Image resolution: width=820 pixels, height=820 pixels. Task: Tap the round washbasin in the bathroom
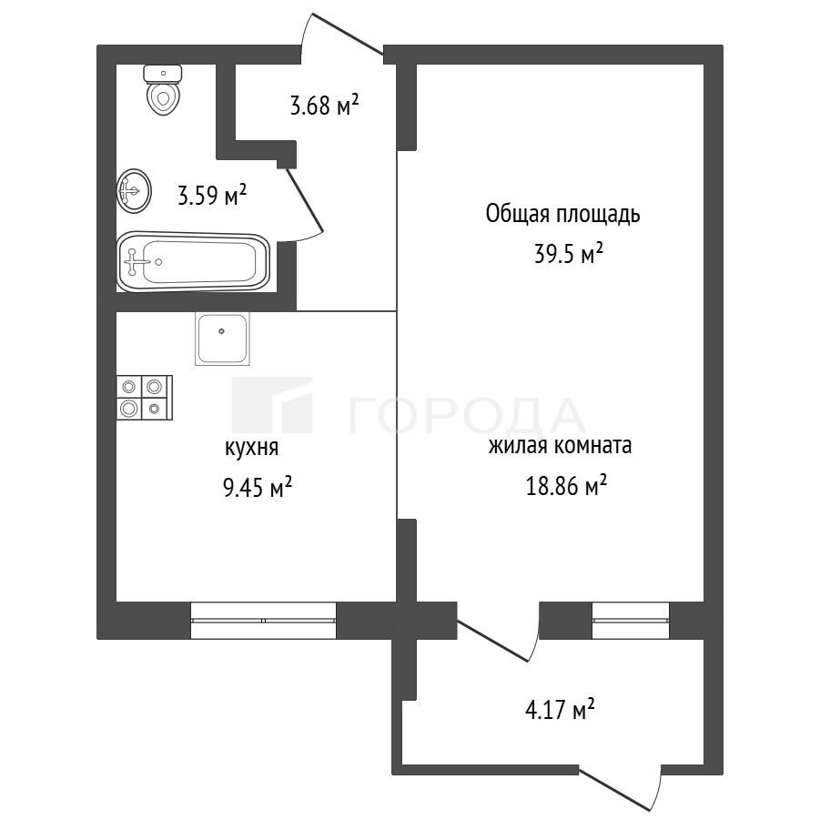(134, 190)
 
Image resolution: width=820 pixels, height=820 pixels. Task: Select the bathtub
(193, 261)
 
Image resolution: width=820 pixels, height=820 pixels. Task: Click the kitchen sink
(223, 338)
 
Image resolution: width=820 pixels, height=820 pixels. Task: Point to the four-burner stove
(145, 397)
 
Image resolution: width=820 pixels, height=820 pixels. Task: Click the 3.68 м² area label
(324, 105)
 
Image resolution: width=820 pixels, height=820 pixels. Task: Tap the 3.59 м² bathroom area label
(212, 195)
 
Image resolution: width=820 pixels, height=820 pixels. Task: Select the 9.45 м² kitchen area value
(258, 488)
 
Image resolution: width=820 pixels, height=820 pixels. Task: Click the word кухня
(251, 448)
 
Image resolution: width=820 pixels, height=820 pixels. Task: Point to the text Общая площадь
(562, 214)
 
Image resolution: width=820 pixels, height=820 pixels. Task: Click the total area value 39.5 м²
(569, 254)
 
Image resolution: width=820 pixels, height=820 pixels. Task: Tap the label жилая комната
(560, 446)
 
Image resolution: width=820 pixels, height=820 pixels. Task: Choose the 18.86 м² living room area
(566, 486)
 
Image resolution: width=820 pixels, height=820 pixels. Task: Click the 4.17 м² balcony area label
(560, 710)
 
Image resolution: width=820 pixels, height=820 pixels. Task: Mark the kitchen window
(263, 620)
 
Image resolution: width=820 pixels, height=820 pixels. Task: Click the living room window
(631, 620)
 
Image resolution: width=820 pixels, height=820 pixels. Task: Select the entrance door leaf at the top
(347, 34)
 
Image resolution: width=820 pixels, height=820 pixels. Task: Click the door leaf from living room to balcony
(494, 640)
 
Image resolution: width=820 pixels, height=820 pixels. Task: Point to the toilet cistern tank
(163, 74)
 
